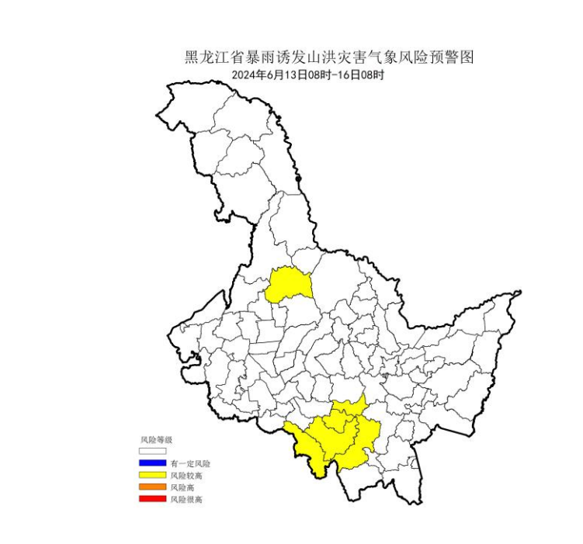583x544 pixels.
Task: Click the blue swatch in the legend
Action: pos(153,463)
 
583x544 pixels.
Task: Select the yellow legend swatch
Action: pos(153,474)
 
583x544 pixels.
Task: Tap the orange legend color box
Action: pos(153,487)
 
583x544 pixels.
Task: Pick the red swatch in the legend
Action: pos(153,499)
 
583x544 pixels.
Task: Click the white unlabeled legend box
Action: pos(153,450)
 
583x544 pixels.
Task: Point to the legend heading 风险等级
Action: pos(155,439)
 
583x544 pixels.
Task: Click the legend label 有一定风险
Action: pos(189,463)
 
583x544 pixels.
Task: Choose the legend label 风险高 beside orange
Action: pos(182,487)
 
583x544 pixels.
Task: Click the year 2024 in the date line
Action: pos(245,74)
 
